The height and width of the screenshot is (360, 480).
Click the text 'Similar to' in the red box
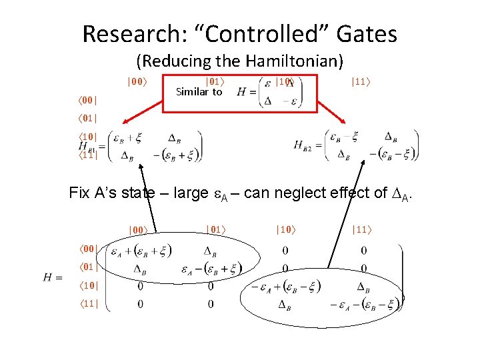199,92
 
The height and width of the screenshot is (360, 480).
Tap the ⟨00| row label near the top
85,101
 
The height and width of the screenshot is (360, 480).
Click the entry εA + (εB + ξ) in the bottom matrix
140,251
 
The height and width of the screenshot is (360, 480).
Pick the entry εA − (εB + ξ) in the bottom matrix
211,269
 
